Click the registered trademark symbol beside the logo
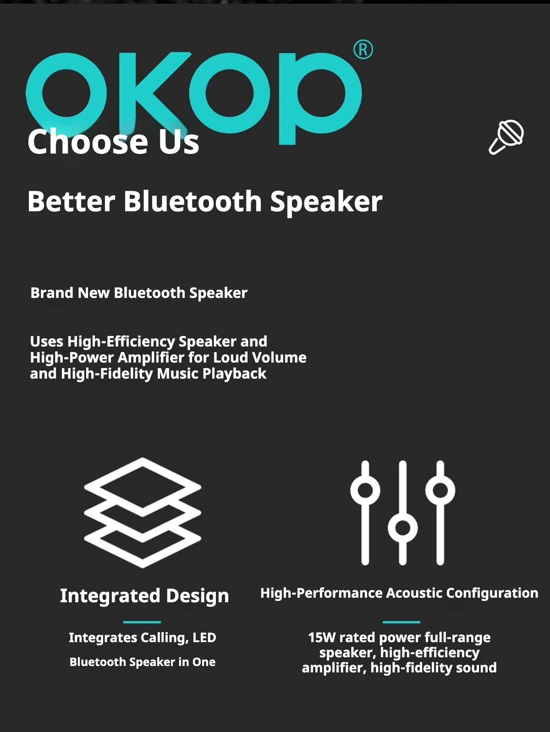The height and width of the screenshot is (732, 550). point(363,50)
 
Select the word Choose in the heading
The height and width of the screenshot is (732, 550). point(88,142)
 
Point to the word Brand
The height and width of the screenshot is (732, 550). point(52,293)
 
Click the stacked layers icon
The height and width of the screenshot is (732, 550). point(143,512)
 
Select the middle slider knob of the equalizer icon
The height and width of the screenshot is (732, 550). point(403,528)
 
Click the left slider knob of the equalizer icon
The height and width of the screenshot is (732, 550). point(365,490)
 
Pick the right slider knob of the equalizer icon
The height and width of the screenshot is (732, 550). point(440,490)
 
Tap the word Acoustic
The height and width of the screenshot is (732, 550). point(414,593)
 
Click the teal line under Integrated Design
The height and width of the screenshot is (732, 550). point(142,622)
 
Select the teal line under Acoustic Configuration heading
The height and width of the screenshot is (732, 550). point(401,622)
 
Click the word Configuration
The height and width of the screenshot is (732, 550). point(492,593)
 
